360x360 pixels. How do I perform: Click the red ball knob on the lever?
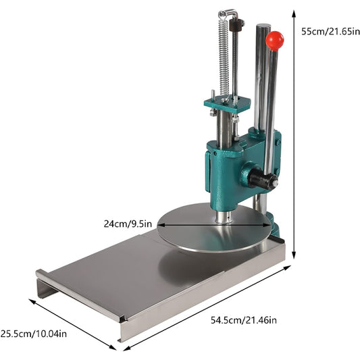pos(275,41)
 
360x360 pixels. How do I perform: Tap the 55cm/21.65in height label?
pos(330,31)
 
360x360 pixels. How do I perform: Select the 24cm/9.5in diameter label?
pos(128,224)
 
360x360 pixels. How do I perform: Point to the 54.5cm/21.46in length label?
pos(244,320)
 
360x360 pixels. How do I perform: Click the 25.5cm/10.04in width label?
pos(34,333)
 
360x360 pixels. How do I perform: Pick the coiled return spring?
pos(224,55)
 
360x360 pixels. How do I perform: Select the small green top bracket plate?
pos(228,105)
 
